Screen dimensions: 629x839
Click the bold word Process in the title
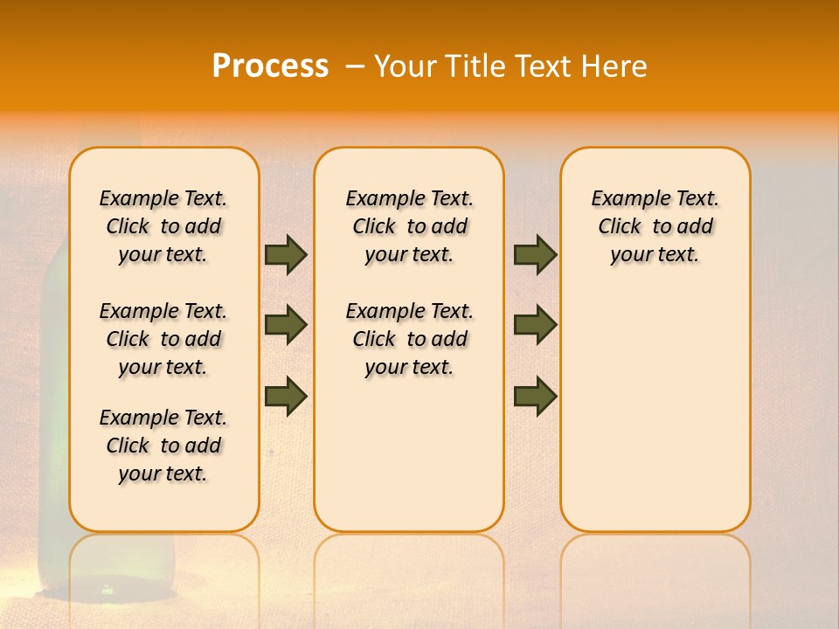tap(270, 66)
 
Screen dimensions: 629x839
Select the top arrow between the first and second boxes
tap(286, 254)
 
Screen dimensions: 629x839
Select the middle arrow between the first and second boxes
tap(286, 325)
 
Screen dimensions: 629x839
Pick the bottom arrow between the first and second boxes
tap(286, 396)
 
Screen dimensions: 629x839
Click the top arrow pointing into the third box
tap(535, 254)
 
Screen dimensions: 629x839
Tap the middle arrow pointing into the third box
tap(535, 325)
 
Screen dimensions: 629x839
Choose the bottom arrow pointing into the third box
tap(535, 396)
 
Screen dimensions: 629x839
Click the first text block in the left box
tap(163, 226)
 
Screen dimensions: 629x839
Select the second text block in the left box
tap(163, 339)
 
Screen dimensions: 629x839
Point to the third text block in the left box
tap(163, 446)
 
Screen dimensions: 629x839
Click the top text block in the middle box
tap(409, 226)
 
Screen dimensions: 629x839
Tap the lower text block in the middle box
tap(409, 339)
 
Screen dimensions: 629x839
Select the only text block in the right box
tap(655, 226)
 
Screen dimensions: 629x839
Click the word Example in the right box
tap(622, 198)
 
